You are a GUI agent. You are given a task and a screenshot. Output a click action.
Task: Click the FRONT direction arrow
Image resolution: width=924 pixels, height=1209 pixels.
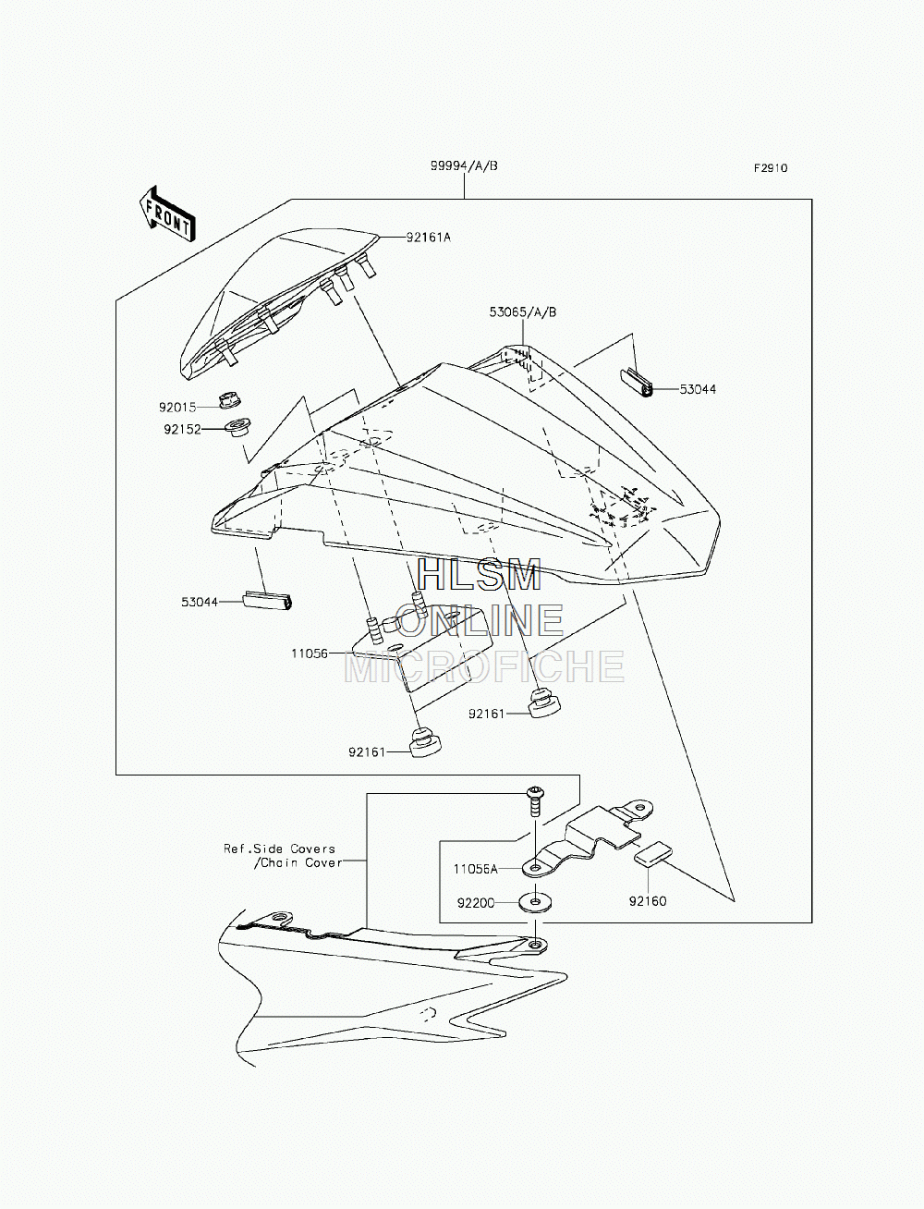point(167,214)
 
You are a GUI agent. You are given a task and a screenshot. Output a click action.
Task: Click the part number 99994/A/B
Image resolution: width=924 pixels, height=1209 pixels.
point(464,165)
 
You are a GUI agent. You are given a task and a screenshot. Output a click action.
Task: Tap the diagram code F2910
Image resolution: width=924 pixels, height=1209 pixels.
point(771,168)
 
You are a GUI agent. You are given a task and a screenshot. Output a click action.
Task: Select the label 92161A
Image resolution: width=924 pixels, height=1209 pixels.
point(429,238)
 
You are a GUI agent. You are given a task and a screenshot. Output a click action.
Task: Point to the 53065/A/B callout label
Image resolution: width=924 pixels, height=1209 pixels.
point(523,312)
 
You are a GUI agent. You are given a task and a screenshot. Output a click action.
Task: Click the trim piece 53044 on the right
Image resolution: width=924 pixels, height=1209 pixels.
point(637,383)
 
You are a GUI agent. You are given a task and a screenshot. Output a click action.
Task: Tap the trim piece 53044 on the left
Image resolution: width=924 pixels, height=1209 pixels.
point(267,601)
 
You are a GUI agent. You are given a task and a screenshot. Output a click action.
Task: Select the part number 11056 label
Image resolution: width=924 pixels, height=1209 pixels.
point(310,653)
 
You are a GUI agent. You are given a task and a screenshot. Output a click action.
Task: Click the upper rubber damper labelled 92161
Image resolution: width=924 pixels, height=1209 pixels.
point(544,702)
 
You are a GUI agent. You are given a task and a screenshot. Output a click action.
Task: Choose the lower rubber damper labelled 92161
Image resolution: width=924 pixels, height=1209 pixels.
point(426,742)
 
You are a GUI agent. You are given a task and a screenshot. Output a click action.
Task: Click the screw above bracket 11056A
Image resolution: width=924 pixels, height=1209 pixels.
point(534,802)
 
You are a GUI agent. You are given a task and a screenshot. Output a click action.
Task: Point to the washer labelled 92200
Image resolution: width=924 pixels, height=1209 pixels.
point(535,902)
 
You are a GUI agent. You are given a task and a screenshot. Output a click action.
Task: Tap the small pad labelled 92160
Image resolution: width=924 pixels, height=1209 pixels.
point(653,854)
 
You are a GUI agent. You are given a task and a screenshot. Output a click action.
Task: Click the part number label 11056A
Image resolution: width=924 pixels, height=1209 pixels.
point(475,869)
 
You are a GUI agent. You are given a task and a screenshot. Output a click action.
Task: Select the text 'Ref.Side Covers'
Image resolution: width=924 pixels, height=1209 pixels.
point(279,849)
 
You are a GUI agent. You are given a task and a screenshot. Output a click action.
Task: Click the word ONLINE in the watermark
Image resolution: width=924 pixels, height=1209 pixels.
point(480,620)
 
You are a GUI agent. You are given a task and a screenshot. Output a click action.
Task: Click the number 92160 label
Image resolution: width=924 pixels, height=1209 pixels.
point(648,901)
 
